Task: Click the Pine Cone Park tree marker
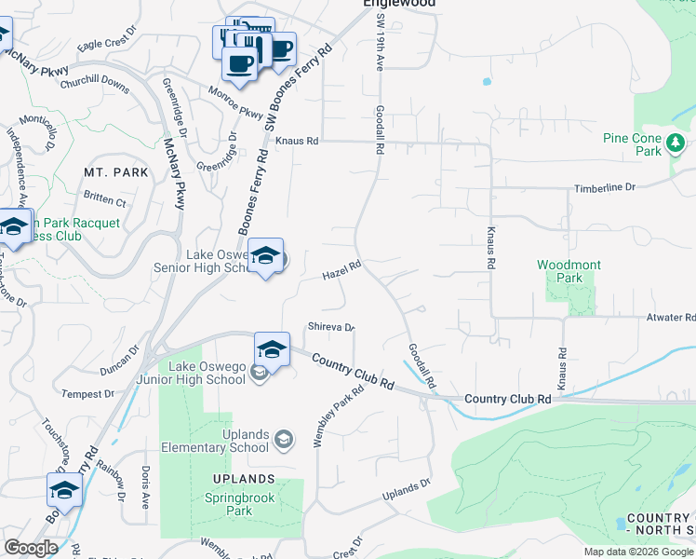(x=676, y=143)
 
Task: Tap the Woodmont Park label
(x=569, y=271)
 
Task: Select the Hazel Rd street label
(x=341, y=272)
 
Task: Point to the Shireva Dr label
(x=331, y=327)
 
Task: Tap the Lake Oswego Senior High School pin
(x=265, y=256)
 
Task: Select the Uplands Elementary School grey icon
(x=284, y=439)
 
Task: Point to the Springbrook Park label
(x=240, y=504)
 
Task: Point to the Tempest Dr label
(x=87, y=394)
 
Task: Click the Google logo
(x=31, y=548)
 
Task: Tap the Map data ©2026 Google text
(x=638, y=552)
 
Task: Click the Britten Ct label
(x=104, y=200)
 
